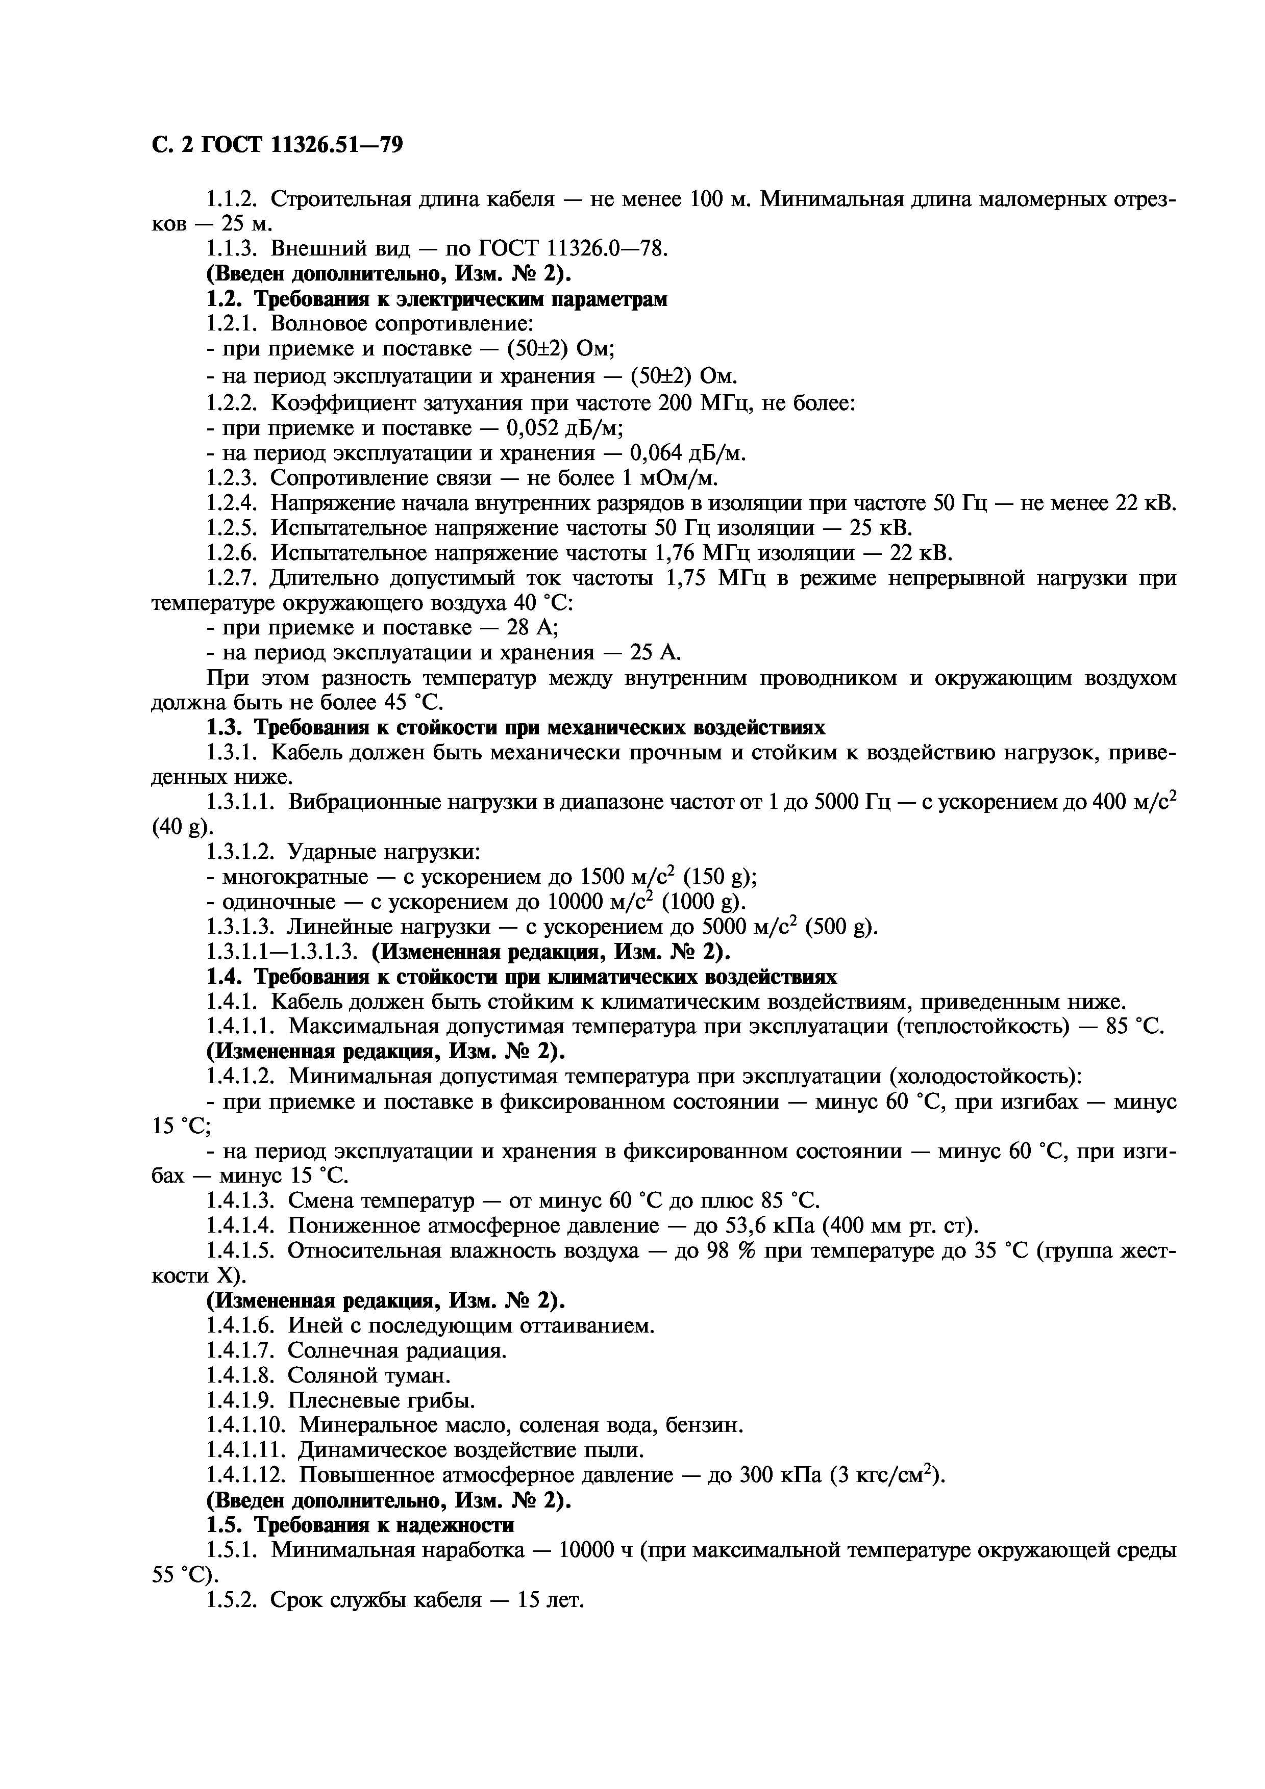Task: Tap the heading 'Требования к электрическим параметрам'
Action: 461,299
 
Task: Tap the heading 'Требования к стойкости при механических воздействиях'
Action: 539,728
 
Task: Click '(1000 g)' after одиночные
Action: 704,902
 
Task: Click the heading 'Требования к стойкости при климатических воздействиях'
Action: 545,977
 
